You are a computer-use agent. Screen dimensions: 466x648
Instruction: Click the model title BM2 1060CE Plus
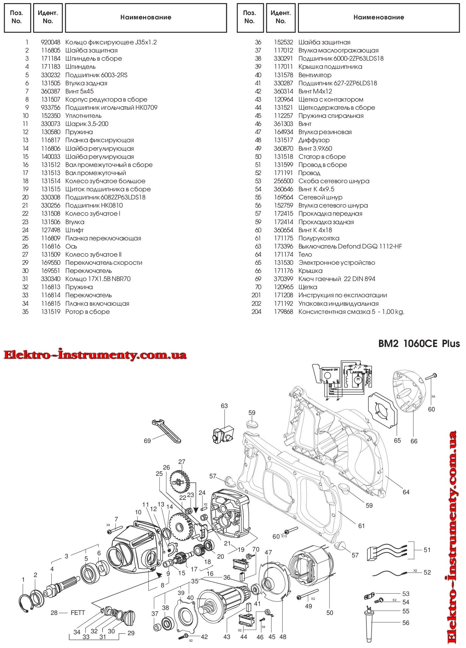tap(419, 344)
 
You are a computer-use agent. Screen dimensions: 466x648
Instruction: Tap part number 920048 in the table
tap(50, 42)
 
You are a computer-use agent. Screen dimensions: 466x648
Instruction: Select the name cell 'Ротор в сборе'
tap(88, 312)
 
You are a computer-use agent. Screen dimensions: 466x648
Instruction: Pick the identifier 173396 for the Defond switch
tap(284, 246)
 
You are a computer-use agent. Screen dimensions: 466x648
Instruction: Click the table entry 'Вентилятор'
tap(315, 75)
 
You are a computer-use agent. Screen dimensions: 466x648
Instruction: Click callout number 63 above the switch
tap(224, 406)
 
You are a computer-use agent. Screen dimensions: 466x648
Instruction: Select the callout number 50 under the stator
tap(330, 613)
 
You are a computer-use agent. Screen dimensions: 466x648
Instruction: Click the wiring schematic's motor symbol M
tap(357, 379)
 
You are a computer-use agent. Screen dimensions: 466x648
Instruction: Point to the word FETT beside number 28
tap(78, 613)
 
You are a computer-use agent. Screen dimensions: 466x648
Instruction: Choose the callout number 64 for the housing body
tap(406, 492)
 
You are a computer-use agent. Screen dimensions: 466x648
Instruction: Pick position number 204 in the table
tap(257, 312)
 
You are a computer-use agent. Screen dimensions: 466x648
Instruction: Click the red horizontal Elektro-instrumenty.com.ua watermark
tap(95, 355)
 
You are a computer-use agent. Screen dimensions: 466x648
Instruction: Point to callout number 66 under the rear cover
tap(414, 441)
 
